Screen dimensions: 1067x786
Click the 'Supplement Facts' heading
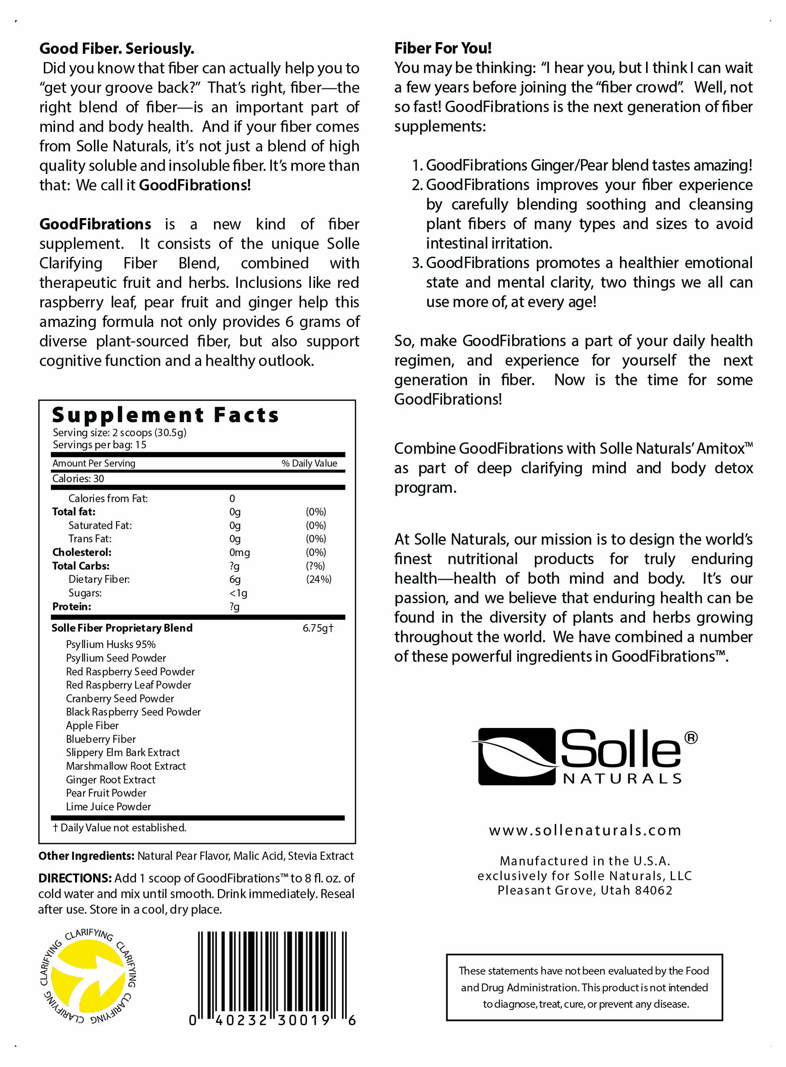165,415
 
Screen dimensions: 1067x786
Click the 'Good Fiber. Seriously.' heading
116,49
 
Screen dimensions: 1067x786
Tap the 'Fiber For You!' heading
442,48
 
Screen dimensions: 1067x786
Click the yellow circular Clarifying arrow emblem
88,977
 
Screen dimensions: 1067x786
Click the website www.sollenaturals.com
585,830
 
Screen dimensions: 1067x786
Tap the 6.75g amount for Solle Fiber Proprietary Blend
318,628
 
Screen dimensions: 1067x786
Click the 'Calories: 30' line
78,478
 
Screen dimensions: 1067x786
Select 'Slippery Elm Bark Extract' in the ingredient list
123,752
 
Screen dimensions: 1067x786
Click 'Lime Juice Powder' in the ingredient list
108,806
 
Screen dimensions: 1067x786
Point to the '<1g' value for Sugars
238,593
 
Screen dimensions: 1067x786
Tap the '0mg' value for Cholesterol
239,552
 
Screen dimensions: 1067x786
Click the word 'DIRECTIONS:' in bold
75,878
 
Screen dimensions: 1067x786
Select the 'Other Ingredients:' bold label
86,856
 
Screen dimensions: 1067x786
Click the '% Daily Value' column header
309,463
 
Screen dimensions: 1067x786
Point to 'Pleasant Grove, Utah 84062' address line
585,890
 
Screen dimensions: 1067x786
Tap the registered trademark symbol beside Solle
690,737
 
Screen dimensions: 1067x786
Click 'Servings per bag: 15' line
99,444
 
